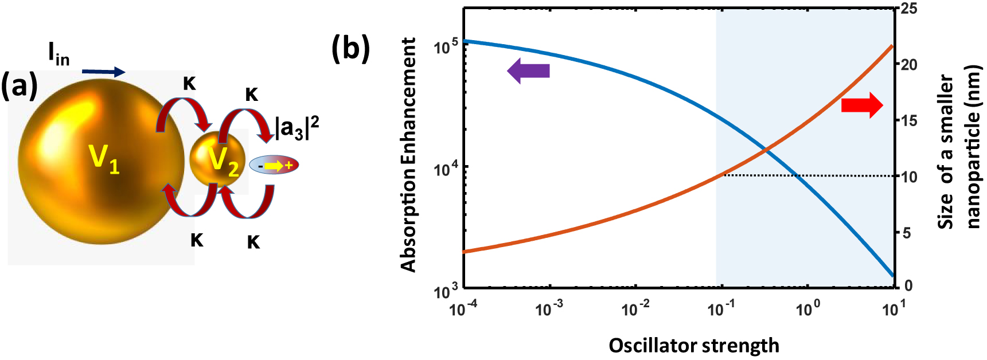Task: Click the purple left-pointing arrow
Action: coord(528,71)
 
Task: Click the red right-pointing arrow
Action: coord(862,105)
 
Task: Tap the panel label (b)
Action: coord(351,48)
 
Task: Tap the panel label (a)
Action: coord(19,86)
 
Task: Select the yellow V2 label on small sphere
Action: coord(223,161)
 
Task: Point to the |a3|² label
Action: coord(297,128)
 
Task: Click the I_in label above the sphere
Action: coord(58,54)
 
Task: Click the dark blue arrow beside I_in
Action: coord(103,72)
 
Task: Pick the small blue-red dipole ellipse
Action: coord(274,165)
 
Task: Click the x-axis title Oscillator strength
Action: coord(694,345)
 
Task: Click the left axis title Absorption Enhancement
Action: coord(408,155)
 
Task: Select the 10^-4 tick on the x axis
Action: coord(463,309)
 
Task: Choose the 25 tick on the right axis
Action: coord(909,9)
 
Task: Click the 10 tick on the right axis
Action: coord(909,177)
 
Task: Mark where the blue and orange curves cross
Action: coord(766,150)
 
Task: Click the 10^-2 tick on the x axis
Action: coord(635,309)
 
